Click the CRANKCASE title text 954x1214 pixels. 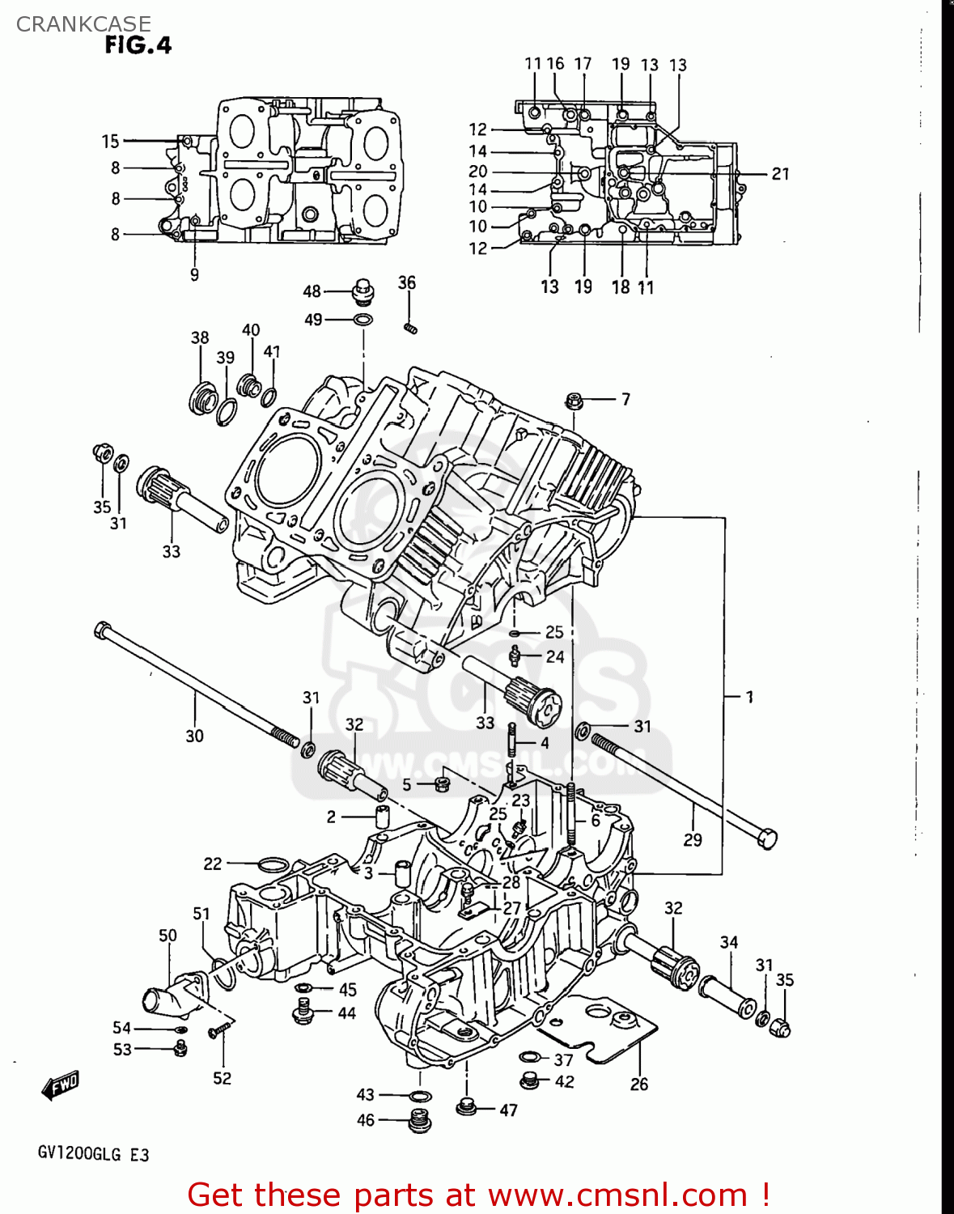(83, 24)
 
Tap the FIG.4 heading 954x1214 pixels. (138, 45)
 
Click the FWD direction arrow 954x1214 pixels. (61, 1085)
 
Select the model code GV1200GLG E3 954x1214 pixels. (93, 1154)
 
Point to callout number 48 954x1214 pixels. (312, 291)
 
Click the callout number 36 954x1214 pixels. (406, 282)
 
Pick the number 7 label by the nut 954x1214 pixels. (625, 399)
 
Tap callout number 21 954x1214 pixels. (779, 173)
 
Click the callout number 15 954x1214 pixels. (110, 142)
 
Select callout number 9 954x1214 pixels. (194, 275)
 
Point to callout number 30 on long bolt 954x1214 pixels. (194, 736)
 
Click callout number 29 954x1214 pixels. (693, 840)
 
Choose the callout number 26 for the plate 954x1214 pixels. (638, 1085)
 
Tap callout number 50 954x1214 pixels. (167, 936)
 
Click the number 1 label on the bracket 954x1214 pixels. (749, 696)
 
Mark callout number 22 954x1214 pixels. (212, 864)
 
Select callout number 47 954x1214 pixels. (508, 1110)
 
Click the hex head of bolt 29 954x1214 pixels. (766, 838)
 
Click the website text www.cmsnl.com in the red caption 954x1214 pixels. (617, 1195)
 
